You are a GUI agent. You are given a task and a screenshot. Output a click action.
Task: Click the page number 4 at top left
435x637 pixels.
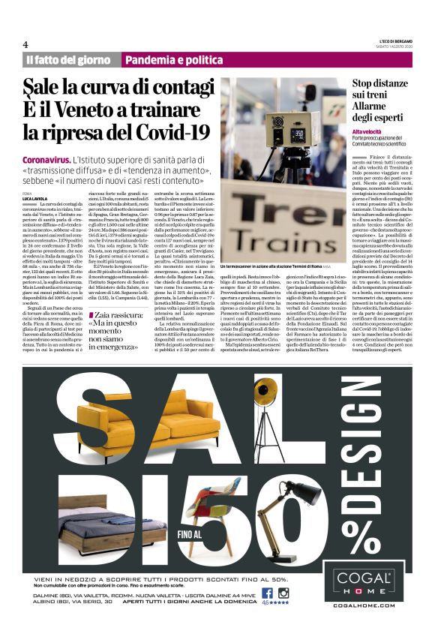tap(25, 44)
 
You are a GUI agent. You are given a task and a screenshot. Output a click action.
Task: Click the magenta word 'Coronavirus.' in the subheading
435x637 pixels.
tap(46, 161)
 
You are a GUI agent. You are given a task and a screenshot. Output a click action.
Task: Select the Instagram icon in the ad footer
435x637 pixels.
tap(283, 592)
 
